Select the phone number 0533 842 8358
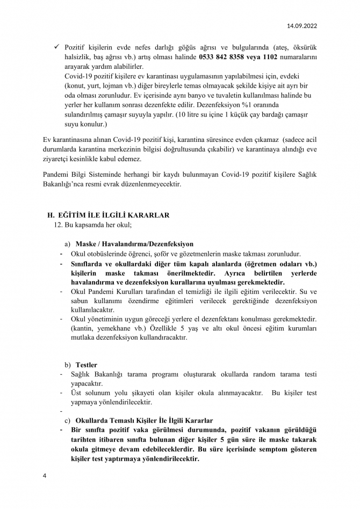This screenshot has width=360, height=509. click(224, 57)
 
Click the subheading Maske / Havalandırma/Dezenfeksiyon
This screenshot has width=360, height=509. click(134, 243)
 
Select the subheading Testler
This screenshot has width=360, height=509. click(86, 365)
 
